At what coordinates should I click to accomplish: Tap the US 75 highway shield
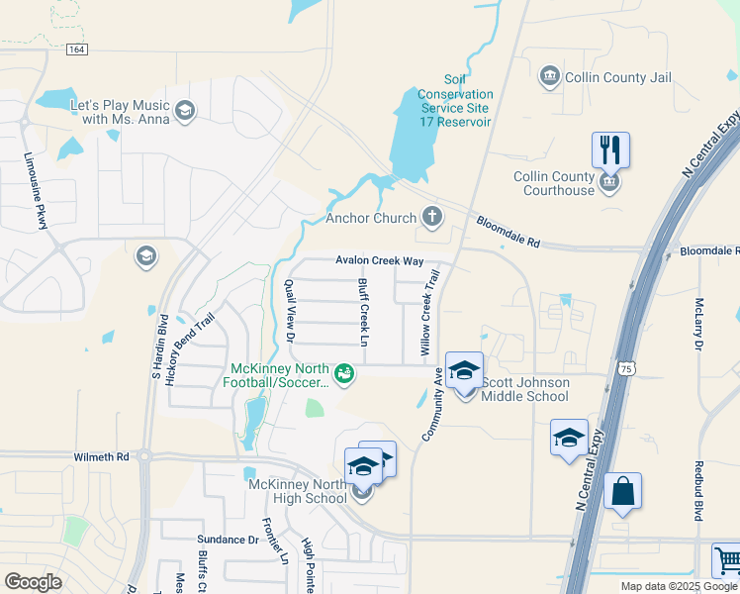click(x=626, y=367)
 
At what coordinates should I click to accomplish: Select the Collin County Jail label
click(x=617, y=77)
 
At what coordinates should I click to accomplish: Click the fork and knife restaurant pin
click(x=610, y=150)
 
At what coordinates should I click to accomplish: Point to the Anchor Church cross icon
click(x=431, y=215)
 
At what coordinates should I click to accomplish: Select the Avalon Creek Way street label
click(x=379, y=260)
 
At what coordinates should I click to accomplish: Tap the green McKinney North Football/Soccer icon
click(x=344, y=373)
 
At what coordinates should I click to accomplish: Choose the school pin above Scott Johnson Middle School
click(x=464, y=371)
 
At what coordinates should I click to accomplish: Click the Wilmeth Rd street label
click(x=102, y=457)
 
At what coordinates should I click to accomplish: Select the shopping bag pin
click(x=622, y=492)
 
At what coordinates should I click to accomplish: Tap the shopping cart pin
click(x=727, y=560)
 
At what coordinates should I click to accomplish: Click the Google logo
click(x=34, y=582)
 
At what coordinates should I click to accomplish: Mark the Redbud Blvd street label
click(x=698, y=490)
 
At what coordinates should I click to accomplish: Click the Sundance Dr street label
click(x=226, y=541)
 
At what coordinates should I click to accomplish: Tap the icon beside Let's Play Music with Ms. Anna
click(x=184, y=112)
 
